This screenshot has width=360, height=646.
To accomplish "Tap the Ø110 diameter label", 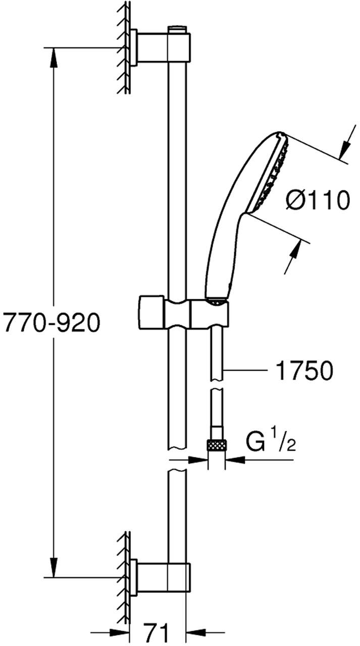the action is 318,200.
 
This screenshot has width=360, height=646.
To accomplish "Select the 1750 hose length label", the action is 304,370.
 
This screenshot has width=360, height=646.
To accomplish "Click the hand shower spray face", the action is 270,173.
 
